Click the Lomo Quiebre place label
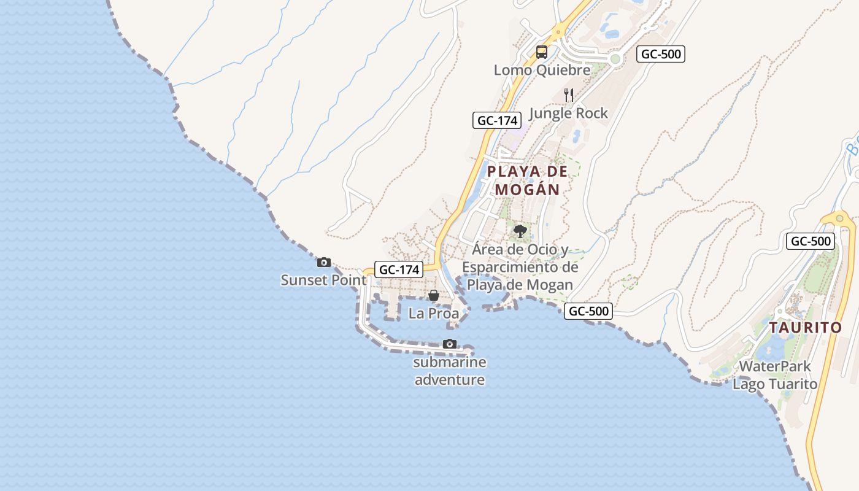[x=542, y=70]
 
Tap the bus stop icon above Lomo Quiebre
[x=541, y=52]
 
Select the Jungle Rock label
[x=568, y=113]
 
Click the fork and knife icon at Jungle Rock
[x=569, y=95]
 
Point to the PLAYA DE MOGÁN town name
[x=528, y=180]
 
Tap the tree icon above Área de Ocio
[x=520, y=231]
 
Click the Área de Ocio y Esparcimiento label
[x=520, y=267]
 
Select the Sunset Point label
[x=323, y=280]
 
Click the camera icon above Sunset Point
[x=323, y=263]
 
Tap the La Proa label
[x=433, y=313]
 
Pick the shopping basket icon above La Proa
[x=433, y=296]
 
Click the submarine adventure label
[x=450, y=371]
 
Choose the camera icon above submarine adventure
[x=450, y=344]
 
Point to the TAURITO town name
[x=806, y=327]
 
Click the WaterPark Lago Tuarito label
[x=775, y=375]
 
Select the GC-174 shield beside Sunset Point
[x=399, y=269]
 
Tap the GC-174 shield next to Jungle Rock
[x=497, y=120]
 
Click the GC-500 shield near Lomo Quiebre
[x=660, y=54]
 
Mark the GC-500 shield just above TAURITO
[x=811, y=241]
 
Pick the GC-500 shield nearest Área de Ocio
[x=588, y=311]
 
